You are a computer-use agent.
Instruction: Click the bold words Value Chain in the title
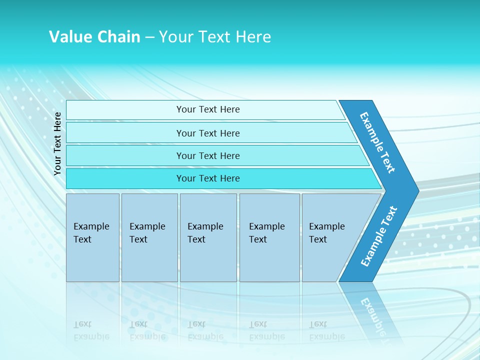pos(94,37)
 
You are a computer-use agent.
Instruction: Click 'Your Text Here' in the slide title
pos(215,37)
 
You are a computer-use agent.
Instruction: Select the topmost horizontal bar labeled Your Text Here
pos(208,109)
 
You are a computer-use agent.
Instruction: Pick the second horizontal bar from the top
pos(208,133)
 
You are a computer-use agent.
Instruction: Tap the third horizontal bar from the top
pos(208,155)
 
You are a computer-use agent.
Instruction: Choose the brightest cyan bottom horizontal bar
pos(208,178)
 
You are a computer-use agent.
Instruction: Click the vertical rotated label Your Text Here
pos(57,144)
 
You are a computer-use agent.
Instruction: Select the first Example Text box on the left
pos(92,237)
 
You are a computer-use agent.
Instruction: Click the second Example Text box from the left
pos(149,237)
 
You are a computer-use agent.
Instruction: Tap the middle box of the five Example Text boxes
pos(208,237)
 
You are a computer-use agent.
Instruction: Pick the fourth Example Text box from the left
pos(269,237)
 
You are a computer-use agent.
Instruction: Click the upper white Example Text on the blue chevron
pos(378,142)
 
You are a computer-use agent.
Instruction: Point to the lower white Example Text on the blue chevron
pos(379,236)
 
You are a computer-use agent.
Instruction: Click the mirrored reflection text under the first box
pos(91,330)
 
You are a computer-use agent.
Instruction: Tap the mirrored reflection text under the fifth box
pos(326,330)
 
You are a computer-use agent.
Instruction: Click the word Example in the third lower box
pos(205,226)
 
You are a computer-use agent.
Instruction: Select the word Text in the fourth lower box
pos(258,239)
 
